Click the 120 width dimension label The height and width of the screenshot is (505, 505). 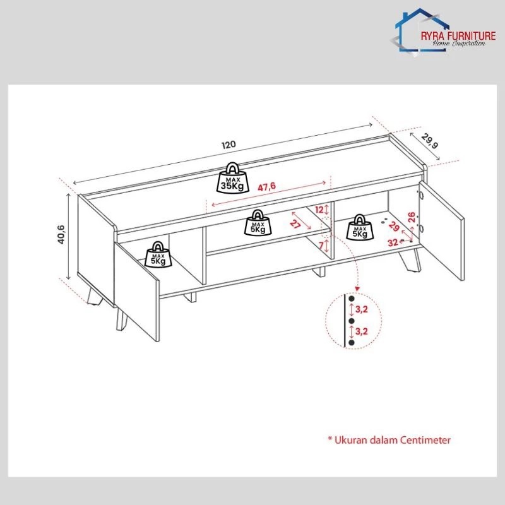pyautogui.click(x=229, y=145)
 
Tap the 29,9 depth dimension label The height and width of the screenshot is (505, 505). pyautogui.click(x=430, y=141)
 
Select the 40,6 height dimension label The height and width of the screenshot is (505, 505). pyautogui.click(x=61, y=234)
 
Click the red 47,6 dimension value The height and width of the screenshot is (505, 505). pyautogui.click(x=266, y=187)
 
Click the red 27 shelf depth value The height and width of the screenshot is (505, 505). pyautogui.click(x=295, y=223)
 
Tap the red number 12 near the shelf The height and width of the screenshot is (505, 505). pyautogui.click(x=319, y=210)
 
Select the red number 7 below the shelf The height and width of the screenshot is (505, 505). pyautogui.click(x=321, y=246)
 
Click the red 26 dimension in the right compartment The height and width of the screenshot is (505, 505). pyautogui.click(x=411, y=217)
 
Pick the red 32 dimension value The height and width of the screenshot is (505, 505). pyautogui.click(x=393, y=242)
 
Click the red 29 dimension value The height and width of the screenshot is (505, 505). pyautogui.click(x=394, y=227)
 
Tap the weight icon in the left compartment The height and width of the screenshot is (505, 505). pyautogui.click(x=158, y=254)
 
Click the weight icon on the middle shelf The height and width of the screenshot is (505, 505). pyautogui.click(x=258, y=223)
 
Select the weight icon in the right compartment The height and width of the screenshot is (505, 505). pyautogui.click(x=360, y=227)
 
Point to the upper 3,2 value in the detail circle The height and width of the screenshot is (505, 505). pyautogui.click(x=361, y=309)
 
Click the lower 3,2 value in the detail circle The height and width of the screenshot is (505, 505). pyautogui.click(x=361, y=331)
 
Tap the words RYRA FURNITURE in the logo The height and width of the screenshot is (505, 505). pyautogui.click(x=458, y=36)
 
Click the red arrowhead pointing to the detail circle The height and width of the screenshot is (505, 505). pyautogui.click(x=357, y=289)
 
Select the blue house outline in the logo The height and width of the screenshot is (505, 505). pyautogui.click(x=419, y=30)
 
